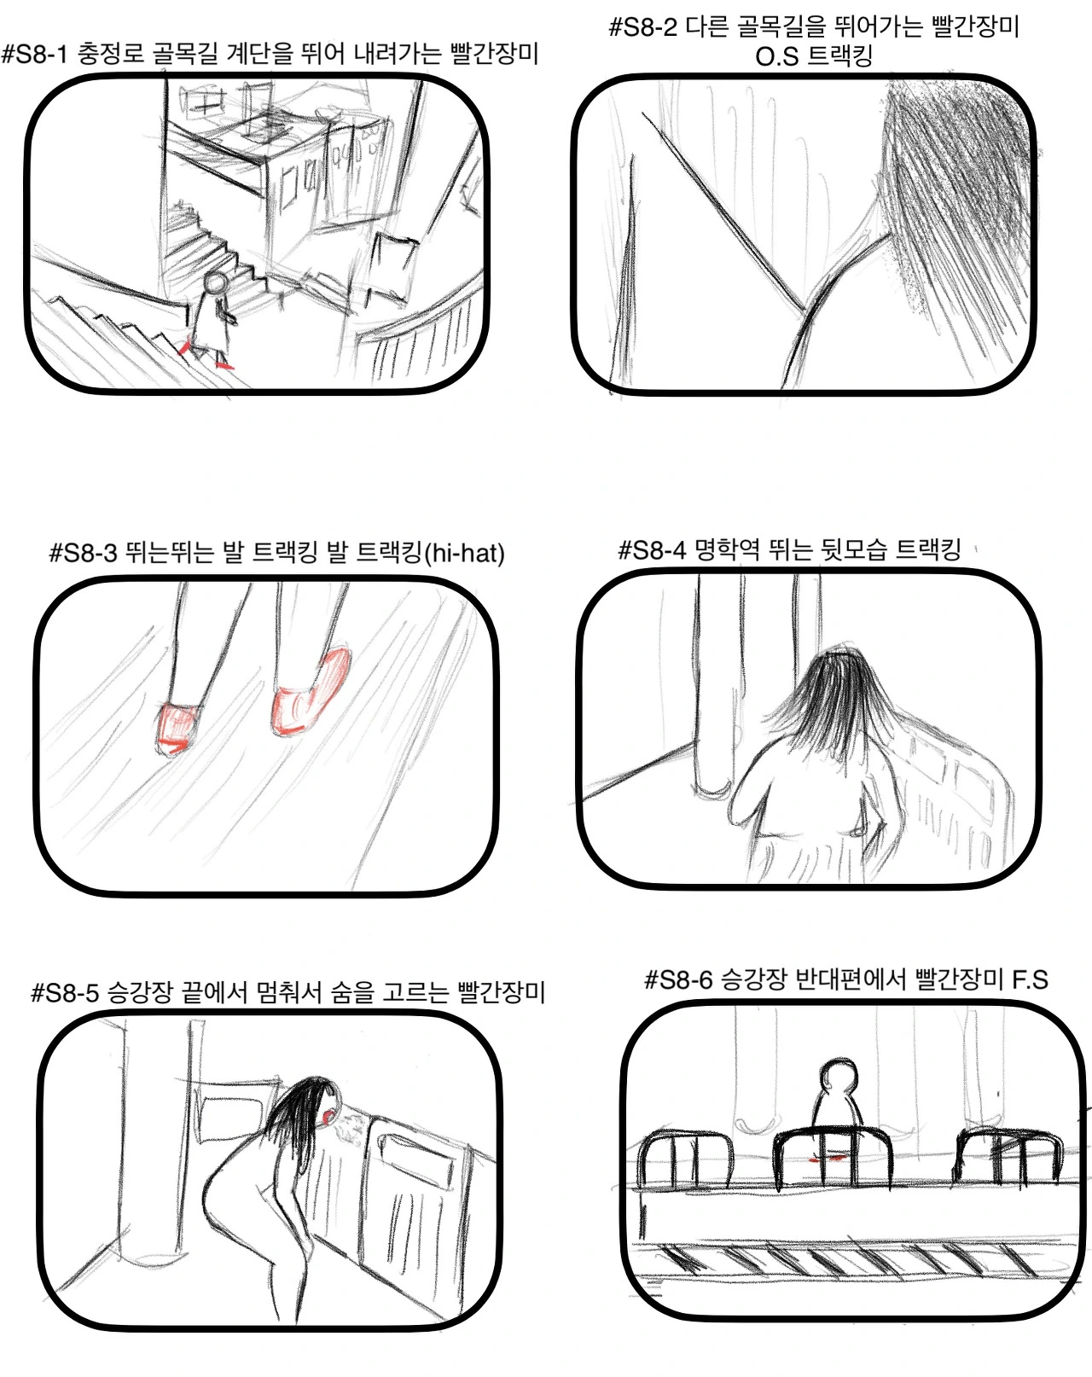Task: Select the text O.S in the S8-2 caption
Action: [776, 57]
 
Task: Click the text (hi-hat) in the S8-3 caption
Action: [465, 553]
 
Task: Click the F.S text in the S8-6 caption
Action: [1030, 979]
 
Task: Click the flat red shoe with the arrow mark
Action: [178, 729]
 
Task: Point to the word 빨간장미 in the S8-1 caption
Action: [495, 54]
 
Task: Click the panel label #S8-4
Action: [652, 549]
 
